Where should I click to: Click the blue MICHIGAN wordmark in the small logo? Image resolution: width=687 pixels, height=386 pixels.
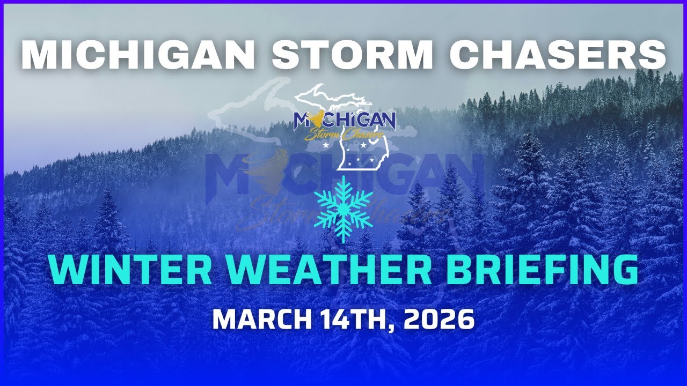click(x=346, y=120)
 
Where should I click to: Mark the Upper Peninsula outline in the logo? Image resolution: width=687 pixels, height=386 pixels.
click(x=322, y=98)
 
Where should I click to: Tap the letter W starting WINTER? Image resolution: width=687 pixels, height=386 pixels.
click(x=66, y=271)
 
